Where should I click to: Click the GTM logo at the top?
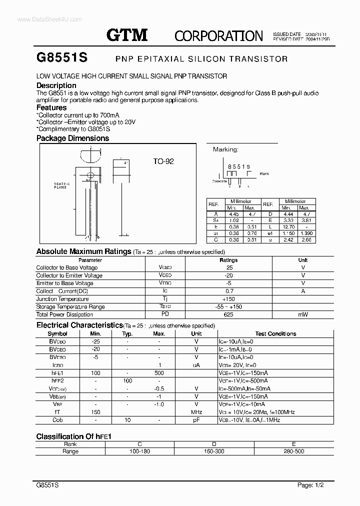pos(127,34)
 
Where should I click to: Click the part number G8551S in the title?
pos(62,57)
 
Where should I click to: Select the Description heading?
pos(56,85)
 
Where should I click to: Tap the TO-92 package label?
pos(163,161)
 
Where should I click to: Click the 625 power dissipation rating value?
pos(229,314)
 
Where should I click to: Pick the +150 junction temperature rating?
pos(229,299)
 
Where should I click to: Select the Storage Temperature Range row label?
pos(70,307)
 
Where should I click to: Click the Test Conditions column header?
pos(275,333)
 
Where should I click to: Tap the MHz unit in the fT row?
pos(196,412)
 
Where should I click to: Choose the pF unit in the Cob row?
pos(196,420)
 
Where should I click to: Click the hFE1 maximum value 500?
pos(159,373)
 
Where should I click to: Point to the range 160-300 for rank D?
pos(213,451)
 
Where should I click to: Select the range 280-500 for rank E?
pos(293,451)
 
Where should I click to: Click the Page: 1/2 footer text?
pos(312,485)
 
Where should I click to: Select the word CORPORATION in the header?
pos(218,35)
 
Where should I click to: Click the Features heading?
pos(51,107)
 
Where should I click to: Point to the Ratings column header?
pos(229,260)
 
